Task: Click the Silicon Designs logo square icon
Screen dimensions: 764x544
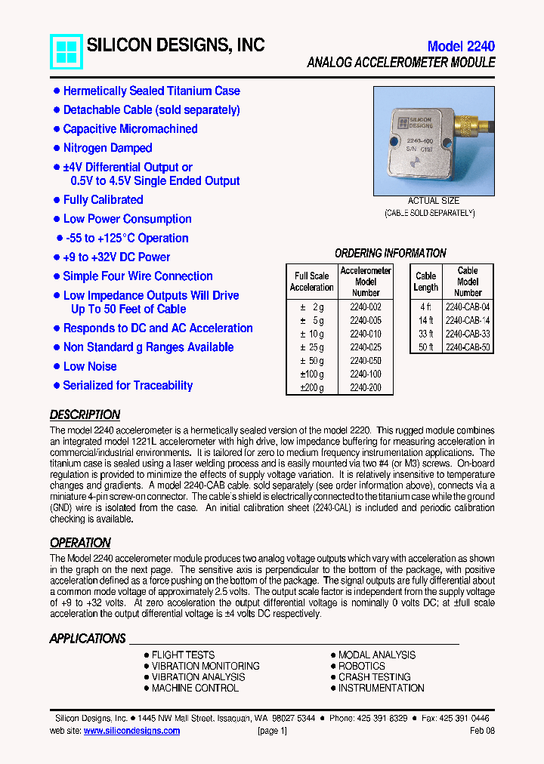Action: [66, 52]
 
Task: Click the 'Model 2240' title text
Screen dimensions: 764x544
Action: [461, 46]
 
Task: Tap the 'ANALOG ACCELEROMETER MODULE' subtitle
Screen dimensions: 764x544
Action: [401, 63]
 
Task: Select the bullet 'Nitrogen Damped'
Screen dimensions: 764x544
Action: [107, 148]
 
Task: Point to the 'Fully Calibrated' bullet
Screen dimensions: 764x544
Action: [103, 200]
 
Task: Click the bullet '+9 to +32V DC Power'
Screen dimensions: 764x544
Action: [116, 257]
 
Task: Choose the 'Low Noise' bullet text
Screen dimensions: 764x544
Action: [90, 366]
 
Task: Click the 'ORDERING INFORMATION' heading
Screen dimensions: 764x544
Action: [391, 253]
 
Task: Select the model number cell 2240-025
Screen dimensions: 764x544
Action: [366, 347]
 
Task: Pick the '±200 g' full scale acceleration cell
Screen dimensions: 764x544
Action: [311, 388]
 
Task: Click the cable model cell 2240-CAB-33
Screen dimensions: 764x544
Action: [468, 334]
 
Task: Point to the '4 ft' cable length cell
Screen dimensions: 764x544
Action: [426, 307]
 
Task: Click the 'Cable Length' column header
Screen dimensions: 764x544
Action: [426, 282]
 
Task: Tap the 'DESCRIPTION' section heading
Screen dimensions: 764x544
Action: [85, 414]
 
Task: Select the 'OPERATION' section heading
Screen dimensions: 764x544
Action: [80, 543]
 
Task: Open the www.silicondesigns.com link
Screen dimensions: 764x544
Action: [131, 731]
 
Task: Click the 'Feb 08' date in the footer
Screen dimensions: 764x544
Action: [482, 731]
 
